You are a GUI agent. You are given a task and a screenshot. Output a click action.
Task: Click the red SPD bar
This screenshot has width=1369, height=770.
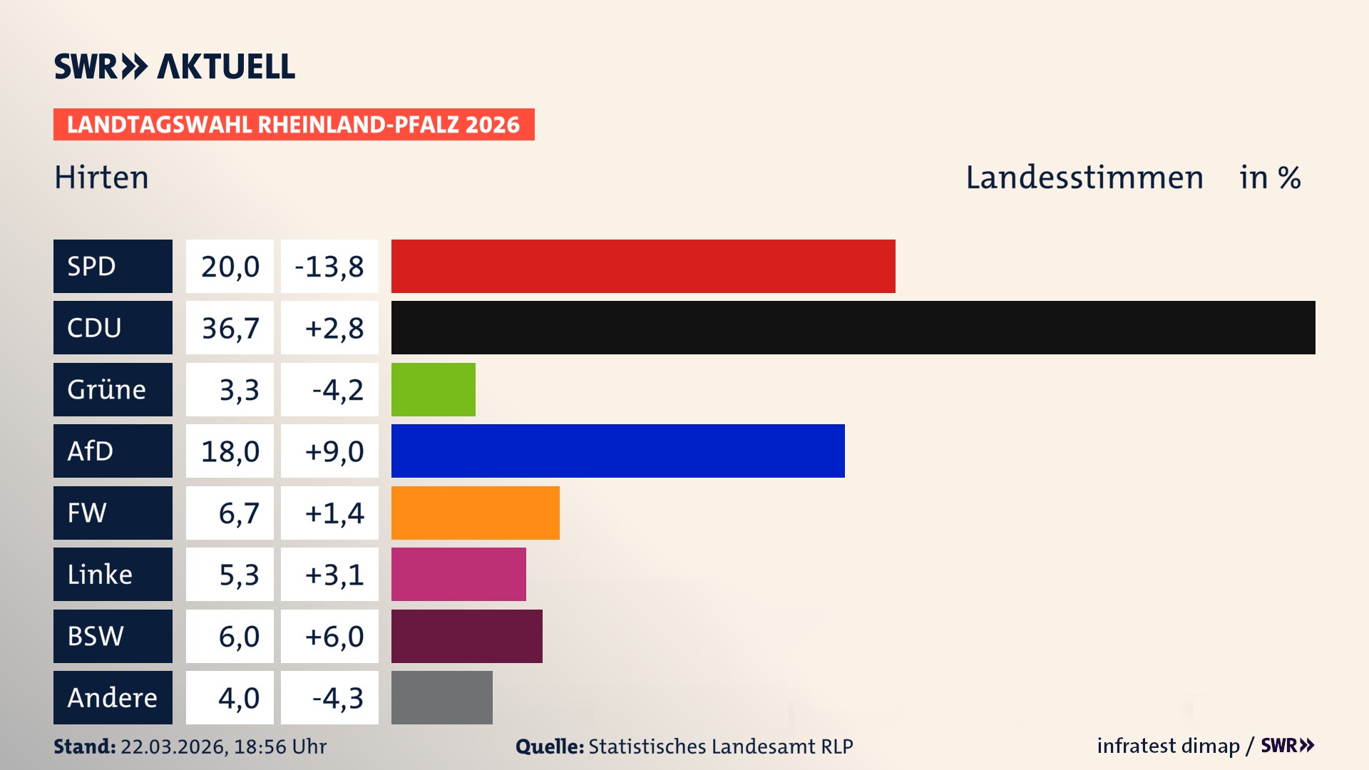click(643, 266)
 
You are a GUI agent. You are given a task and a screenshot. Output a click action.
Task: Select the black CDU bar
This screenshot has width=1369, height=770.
click(853, 328)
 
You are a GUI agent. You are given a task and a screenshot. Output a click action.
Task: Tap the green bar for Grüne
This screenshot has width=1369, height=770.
click(433, 389)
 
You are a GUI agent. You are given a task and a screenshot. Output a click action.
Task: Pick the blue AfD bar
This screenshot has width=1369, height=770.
click(617, 451)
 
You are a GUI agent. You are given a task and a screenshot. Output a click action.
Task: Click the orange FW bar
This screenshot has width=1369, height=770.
click(475, 513)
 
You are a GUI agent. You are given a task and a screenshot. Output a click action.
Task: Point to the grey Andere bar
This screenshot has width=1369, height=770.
click(441, 697)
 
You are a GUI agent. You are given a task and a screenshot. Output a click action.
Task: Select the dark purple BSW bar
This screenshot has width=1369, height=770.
click(466, 636)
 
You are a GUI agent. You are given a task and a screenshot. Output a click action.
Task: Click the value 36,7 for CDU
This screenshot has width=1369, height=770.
click(230, 328)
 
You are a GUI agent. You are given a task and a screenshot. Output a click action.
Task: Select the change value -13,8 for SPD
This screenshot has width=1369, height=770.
click(329, 266)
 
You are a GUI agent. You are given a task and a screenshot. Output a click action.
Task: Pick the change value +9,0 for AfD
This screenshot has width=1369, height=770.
click(334, 451)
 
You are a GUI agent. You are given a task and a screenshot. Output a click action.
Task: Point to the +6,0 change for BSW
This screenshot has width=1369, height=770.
click(334, 636)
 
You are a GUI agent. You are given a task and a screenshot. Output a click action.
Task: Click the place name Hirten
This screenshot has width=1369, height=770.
click(102, 178)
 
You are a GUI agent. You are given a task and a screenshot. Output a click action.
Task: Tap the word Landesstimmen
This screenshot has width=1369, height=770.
click(1084, 178)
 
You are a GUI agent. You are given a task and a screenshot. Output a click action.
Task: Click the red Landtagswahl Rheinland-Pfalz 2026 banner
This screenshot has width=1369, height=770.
click(294, 125)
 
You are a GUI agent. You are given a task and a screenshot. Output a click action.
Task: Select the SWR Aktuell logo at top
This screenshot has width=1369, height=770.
click(175, 66)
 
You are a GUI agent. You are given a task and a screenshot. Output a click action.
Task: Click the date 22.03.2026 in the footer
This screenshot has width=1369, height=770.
click(173, 746)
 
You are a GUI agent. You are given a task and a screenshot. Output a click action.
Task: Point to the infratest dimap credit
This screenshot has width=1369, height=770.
click(1168, 746)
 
